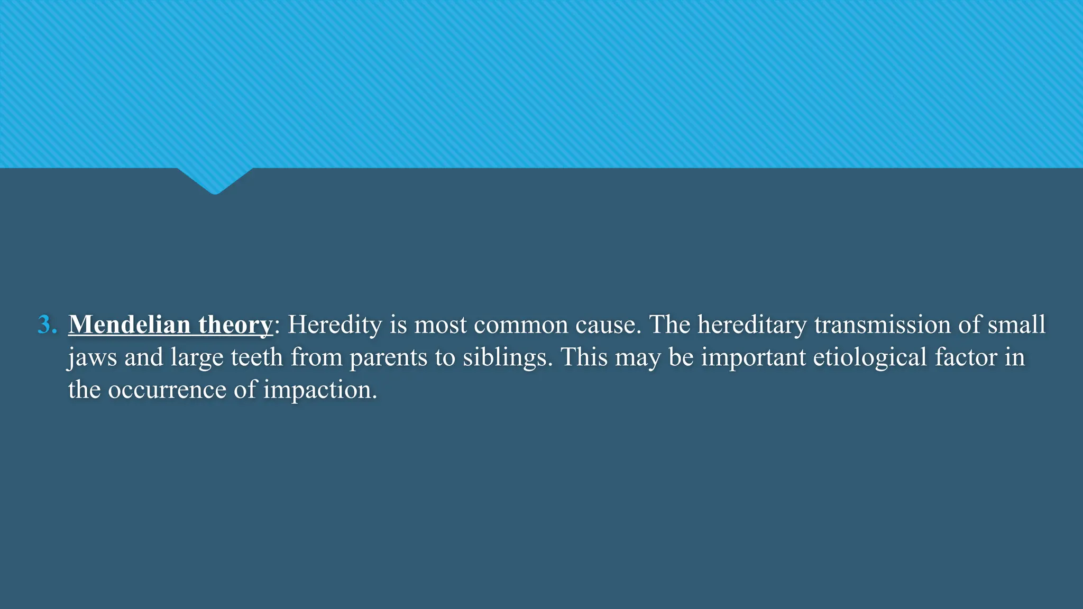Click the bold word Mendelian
click(129, 325)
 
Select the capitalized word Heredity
click(335, 325)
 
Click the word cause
click(608, 325)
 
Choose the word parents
click(388, 358)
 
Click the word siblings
click(507, 358)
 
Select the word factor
click(966, 357)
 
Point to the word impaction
click(320, 390)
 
